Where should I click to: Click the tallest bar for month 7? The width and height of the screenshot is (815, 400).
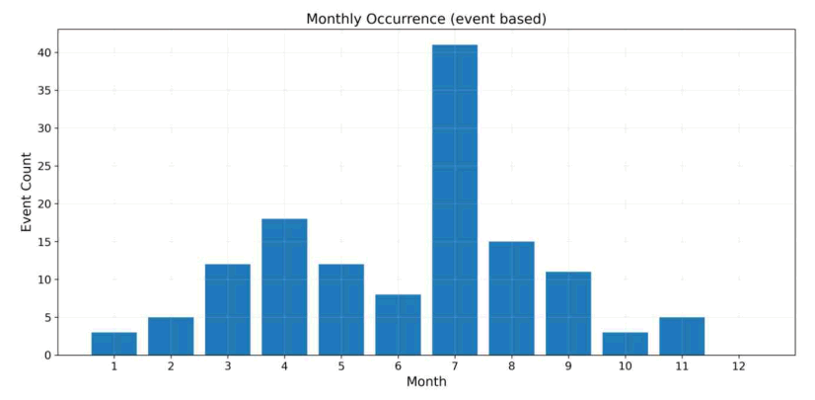click(x=455, y=200)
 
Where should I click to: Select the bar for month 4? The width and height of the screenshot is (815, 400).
click(x=284, y=287)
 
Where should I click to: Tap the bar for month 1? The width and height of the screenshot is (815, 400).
click(x=113, y=344)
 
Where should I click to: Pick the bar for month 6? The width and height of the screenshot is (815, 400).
click(x=399, y=325)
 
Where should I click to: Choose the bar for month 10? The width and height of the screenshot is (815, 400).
click(x=626, y=344)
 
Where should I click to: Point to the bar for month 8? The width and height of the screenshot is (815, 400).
click(x=511, y=298)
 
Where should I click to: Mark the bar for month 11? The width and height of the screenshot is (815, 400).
click(x=682, y=336)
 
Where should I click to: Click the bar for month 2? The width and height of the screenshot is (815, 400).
click(x=171, y=336)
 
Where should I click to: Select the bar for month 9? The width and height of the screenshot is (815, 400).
click(x=568, y=314)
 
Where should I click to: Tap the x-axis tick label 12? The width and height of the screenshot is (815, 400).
click(x=739, y=366)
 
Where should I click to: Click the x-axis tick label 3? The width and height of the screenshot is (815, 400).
click(x=228, y=366)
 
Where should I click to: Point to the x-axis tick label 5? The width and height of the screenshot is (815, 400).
click(x=341, y=366)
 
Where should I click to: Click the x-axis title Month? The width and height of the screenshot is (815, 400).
click(x=426, y=382)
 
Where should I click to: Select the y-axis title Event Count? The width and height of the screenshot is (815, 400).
click(x=26, y=192)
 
